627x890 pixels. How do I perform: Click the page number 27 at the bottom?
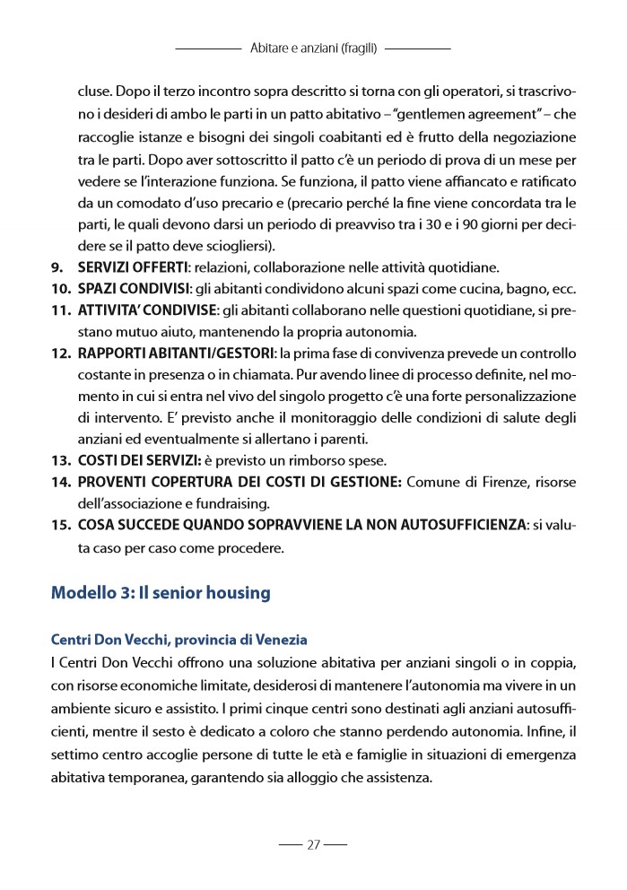[x=313, y=844]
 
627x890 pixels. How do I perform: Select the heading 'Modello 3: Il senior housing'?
[x=161, y=593]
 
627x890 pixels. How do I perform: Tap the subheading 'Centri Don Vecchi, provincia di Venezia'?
[x=179, y=640]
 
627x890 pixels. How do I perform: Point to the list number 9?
[x=57, y=267]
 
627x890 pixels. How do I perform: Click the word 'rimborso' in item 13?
[x=312, y=461]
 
